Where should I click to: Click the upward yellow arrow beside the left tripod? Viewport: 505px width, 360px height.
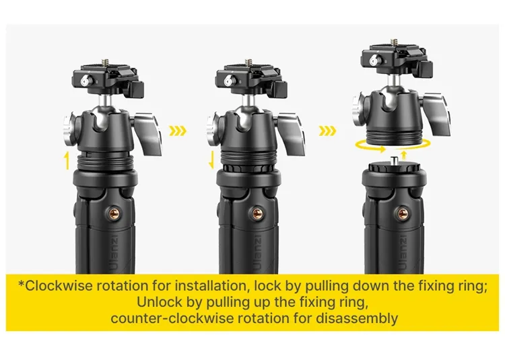click(x=67, y=161)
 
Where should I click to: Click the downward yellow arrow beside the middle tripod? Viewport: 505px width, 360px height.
click(x=211, y=161)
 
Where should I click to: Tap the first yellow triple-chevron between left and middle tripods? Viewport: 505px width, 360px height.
click(x=178, y=131)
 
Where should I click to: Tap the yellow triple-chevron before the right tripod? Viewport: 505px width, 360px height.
click(x=327, y=131)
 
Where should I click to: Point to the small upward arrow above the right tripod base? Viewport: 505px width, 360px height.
click(x=405, y=155)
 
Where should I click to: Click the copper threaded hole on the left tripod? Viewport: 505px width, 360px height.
click(x=112, y=213)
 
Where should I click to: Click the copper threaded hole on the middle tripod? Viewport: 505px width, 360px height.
click(x=257, y=213)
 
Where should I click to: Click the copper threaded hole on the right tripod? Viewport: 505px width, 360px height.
click(x=402, y=213)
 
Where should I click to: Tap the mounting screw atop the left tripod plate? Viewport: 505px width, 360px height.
click(x=105, y=62)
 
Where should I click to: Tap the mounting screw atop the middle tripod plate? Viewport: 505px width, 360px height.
click(x=248, y=62)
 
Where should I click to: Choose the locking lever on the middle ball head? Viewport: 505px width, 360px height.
click(x=292, y=133)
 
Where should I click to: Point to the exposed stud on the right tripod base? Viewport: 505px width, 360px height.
click(x=393, y=159)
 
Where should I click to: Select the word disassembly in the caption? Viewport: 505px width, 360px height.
click(x=356, y=318)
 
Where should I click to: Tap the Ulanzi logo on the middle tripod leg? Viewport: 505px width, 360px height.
click(x=258, y=253)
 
